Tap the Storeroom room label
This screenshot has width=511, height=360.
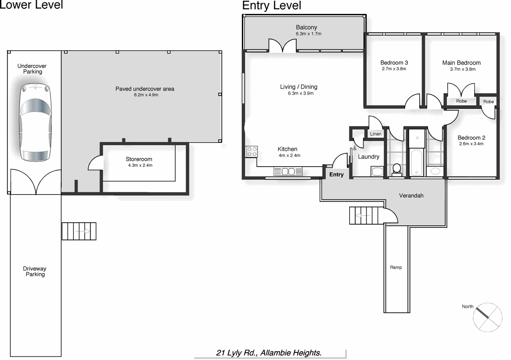139,159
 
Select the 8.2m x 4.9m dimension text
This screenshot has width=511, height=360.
145,95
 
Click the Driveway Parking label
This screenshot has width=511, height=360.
35,272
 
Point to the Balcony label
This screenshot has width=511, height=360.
306,27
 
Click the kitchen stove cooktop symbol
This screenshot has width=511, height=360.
252,151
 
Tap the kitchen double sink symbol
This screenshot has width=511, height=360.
288,171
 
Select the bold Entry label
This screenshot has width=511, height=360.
336,175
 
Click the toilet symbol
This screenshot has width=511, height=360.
397,169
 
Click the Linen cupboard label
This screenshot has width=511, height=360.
376,134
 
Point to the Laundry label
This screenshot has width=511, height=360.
368,157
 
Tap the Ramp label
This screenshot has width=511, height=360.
396,267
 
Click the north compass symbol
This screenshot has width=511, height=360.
487,317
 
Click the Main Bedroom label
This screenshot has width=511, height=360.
461,63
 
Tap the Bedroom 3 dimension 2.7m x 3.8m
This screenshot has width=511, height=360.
394,69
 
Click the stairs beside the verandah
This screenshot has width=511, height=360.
364,216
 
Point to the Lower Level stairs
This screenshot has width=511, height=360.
79,231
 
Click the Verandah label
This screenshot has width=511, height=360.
411,196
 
